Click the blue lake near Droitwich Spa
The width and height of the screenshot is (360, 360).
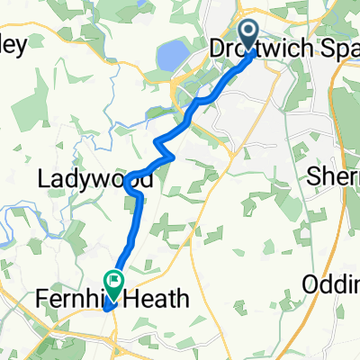click(x=168, y=58)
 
